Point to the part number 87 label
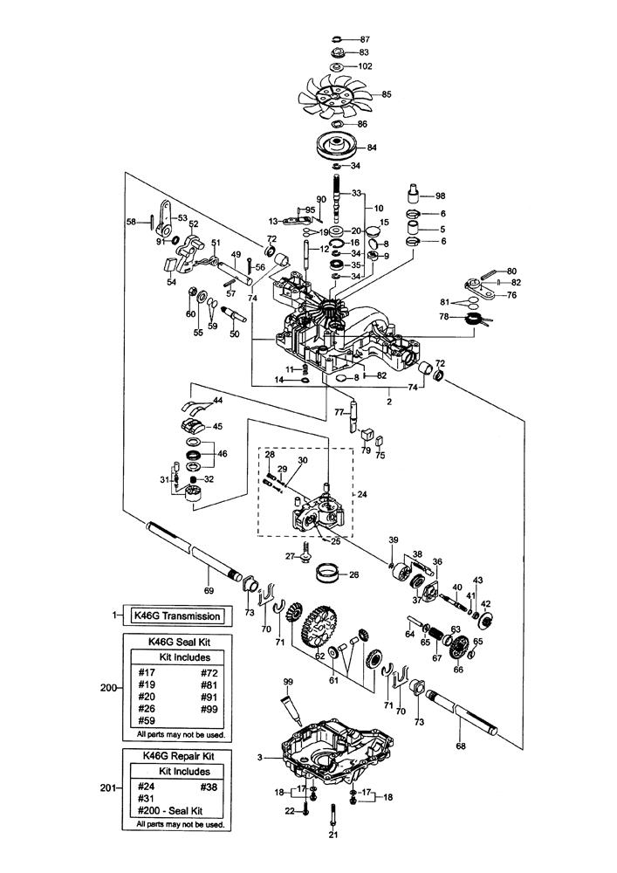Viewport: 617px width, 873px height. tap(365, 40)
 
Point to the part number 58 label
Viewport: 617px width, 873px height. tap(131, 223)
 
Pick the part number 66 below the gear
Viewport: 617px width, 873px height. tap(457, 670)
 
